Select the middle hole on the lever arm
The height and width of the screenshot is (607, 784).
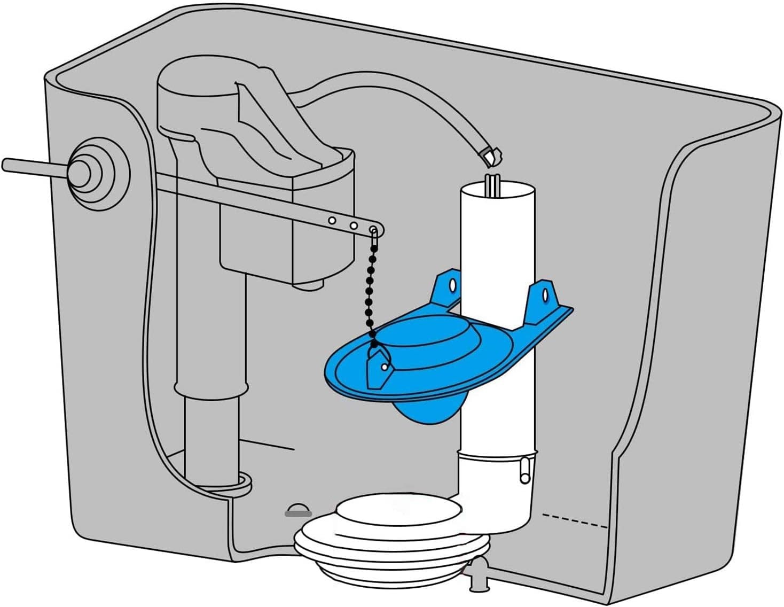coord(354,225)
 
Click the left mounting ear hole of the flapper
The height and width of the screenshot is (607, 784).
coord(453,284)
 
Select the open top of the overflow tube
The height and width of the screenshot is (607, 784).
coord(497,189)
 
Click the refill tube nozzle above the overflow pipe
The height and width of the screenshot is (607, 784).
coord(491,155)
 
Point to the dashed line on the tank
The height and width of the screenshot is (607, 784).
coord(574,520)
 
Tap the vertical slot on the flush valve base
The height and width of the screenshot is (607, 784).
coord(525,470)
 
